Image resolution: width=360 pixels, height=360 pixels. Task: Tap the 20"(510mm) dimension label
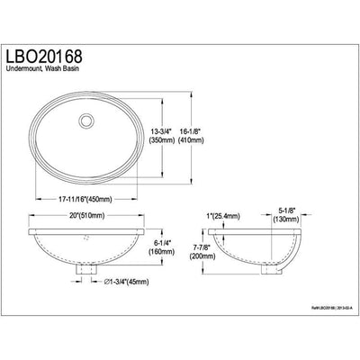[x=88, y=216]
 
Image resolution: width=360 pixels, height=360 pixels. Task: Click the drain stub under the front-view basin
[x=88, y=269]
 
